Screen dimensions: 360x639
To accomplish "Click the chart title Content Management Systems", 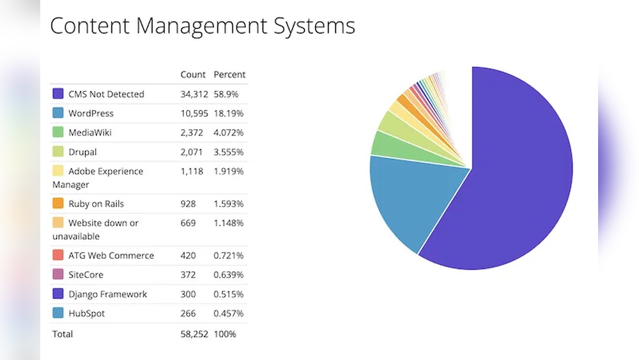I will (x=202, y=26).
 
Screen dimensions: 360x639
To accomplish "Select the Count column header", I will (x=193, y=75).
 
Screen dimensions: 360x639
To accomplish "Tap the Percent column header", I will (x=229, y=75).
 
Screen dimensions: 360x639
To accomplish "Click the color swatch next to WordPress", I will (x=58, y=113).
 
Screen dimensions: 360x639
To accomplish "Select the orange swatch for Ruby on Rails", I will (x=58, y=204).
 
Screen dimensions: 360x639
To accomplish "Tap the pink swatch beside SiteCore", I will (x=58, y=275).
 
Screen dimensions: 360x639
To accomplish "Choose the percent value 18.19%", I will (x=228, y=113).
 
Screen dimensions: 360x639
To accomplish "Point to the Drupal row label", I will (x=82, y=152).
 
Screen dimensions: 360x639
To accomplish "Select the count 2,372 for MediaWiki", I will (x=192, y=133).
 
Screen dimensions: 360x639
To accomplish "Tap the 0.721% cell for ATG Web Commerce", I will (x=229, y=256).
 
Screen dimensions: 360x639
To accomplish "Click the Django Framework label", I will (x=107, y=294).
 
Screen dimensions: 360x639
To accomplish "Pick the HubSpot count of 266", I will (x=188, y=313).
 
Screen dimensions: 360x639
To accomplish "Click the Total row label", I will (x=63, y=334).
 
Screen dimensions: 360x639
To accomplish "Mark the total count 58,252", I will (x=194, y=334).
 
